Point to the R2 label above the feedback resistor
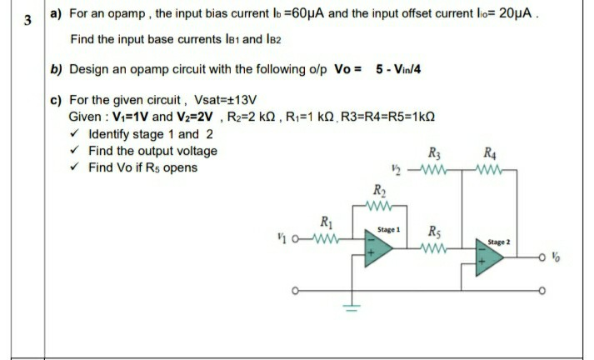click(x=379, y=187)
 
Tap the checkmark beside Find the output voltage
click(x=77, y=151)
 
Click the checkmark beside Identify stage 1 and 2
click(x=77, y=134)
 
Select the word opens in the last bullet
click(x=181, y=167)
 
